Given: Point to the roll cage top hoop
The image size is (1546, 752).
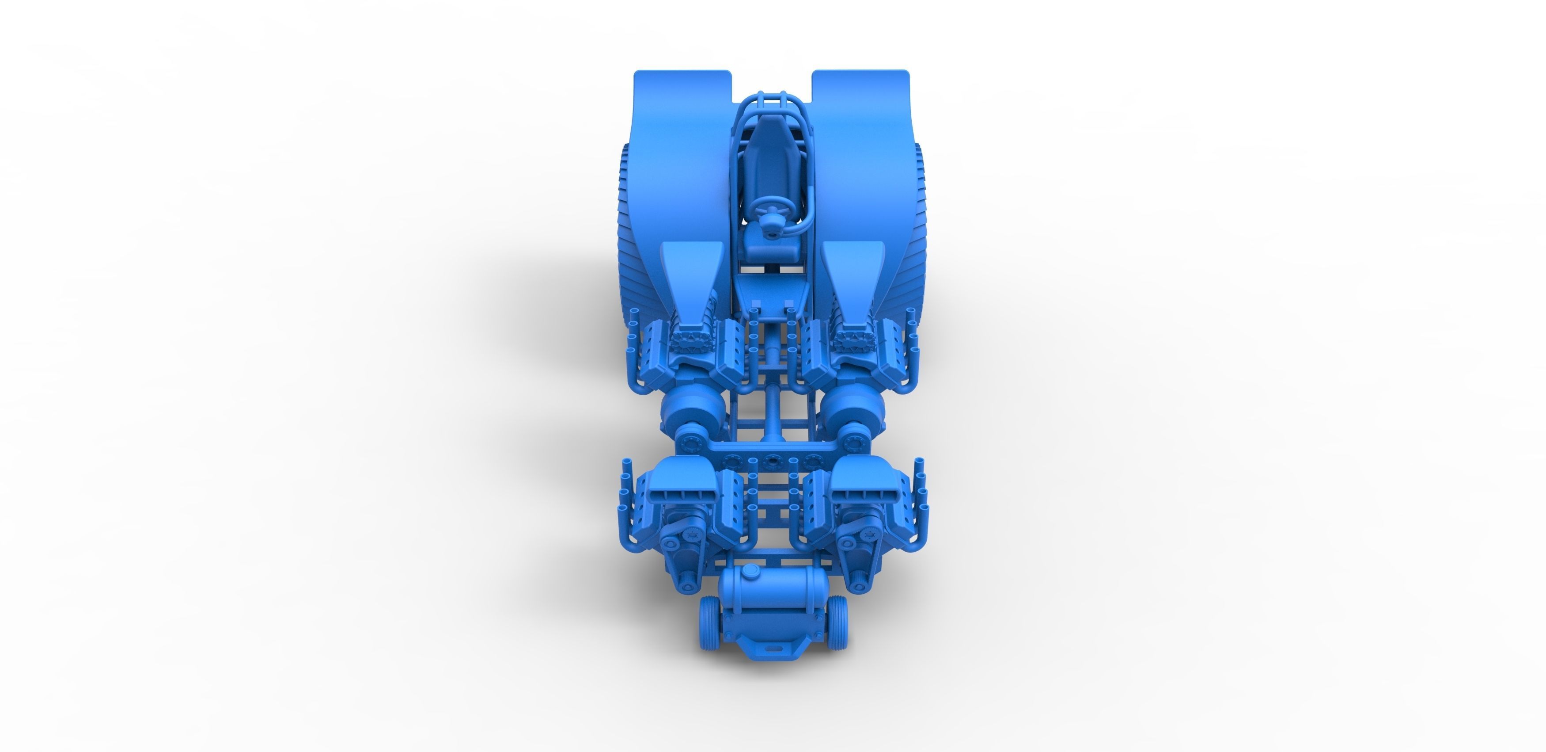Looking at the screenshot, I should click(771, 99).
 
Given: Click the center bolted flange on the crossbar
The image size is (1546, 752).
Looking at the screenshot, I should click(771, 461).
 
